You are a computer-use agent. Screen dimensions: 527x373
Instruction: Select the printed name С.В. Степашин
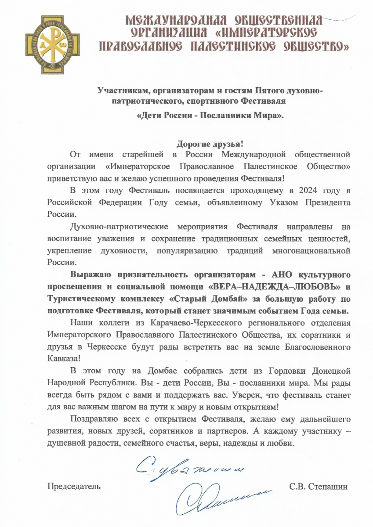tap(319, 487)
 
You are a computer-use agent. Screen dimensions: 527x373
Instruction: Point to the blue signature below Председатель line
tap(215, 498)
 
